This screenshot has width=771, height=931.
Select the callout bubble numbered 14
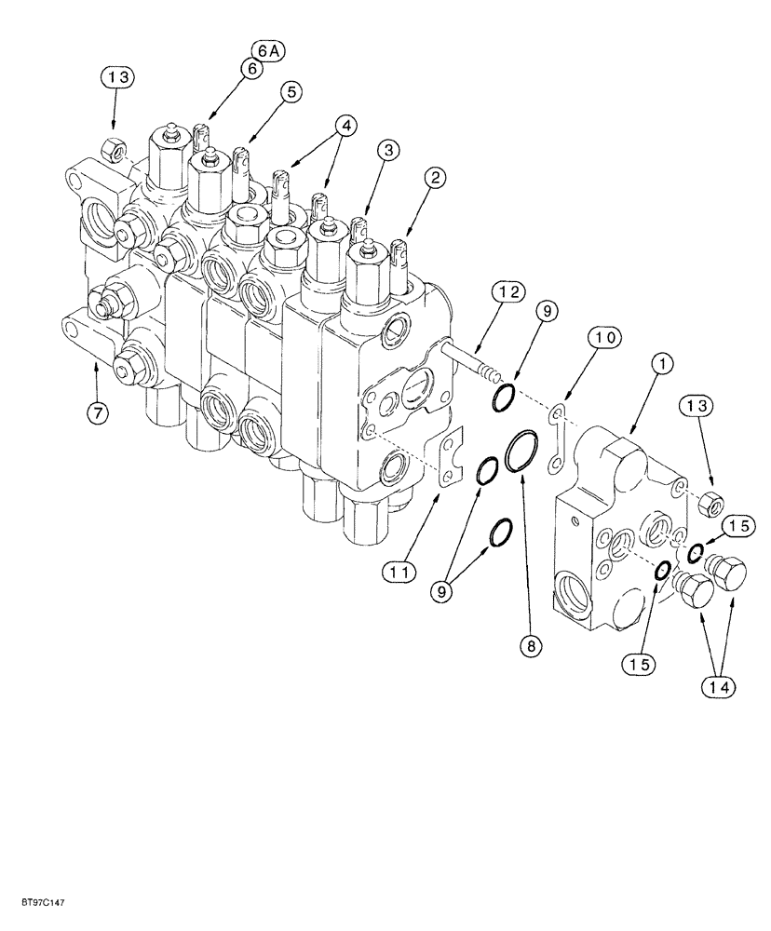pyautogui.click(x=722, y=687)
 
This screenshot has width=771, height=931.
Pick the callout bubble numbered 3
pyautogui.click(x=388, y=149)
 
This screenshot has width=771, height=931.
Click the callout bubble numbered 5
pyautogui.click(x=291, y=91)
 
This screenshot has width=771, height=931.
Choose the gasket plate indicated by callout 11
pyautogui.click(x=449, y=458)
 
